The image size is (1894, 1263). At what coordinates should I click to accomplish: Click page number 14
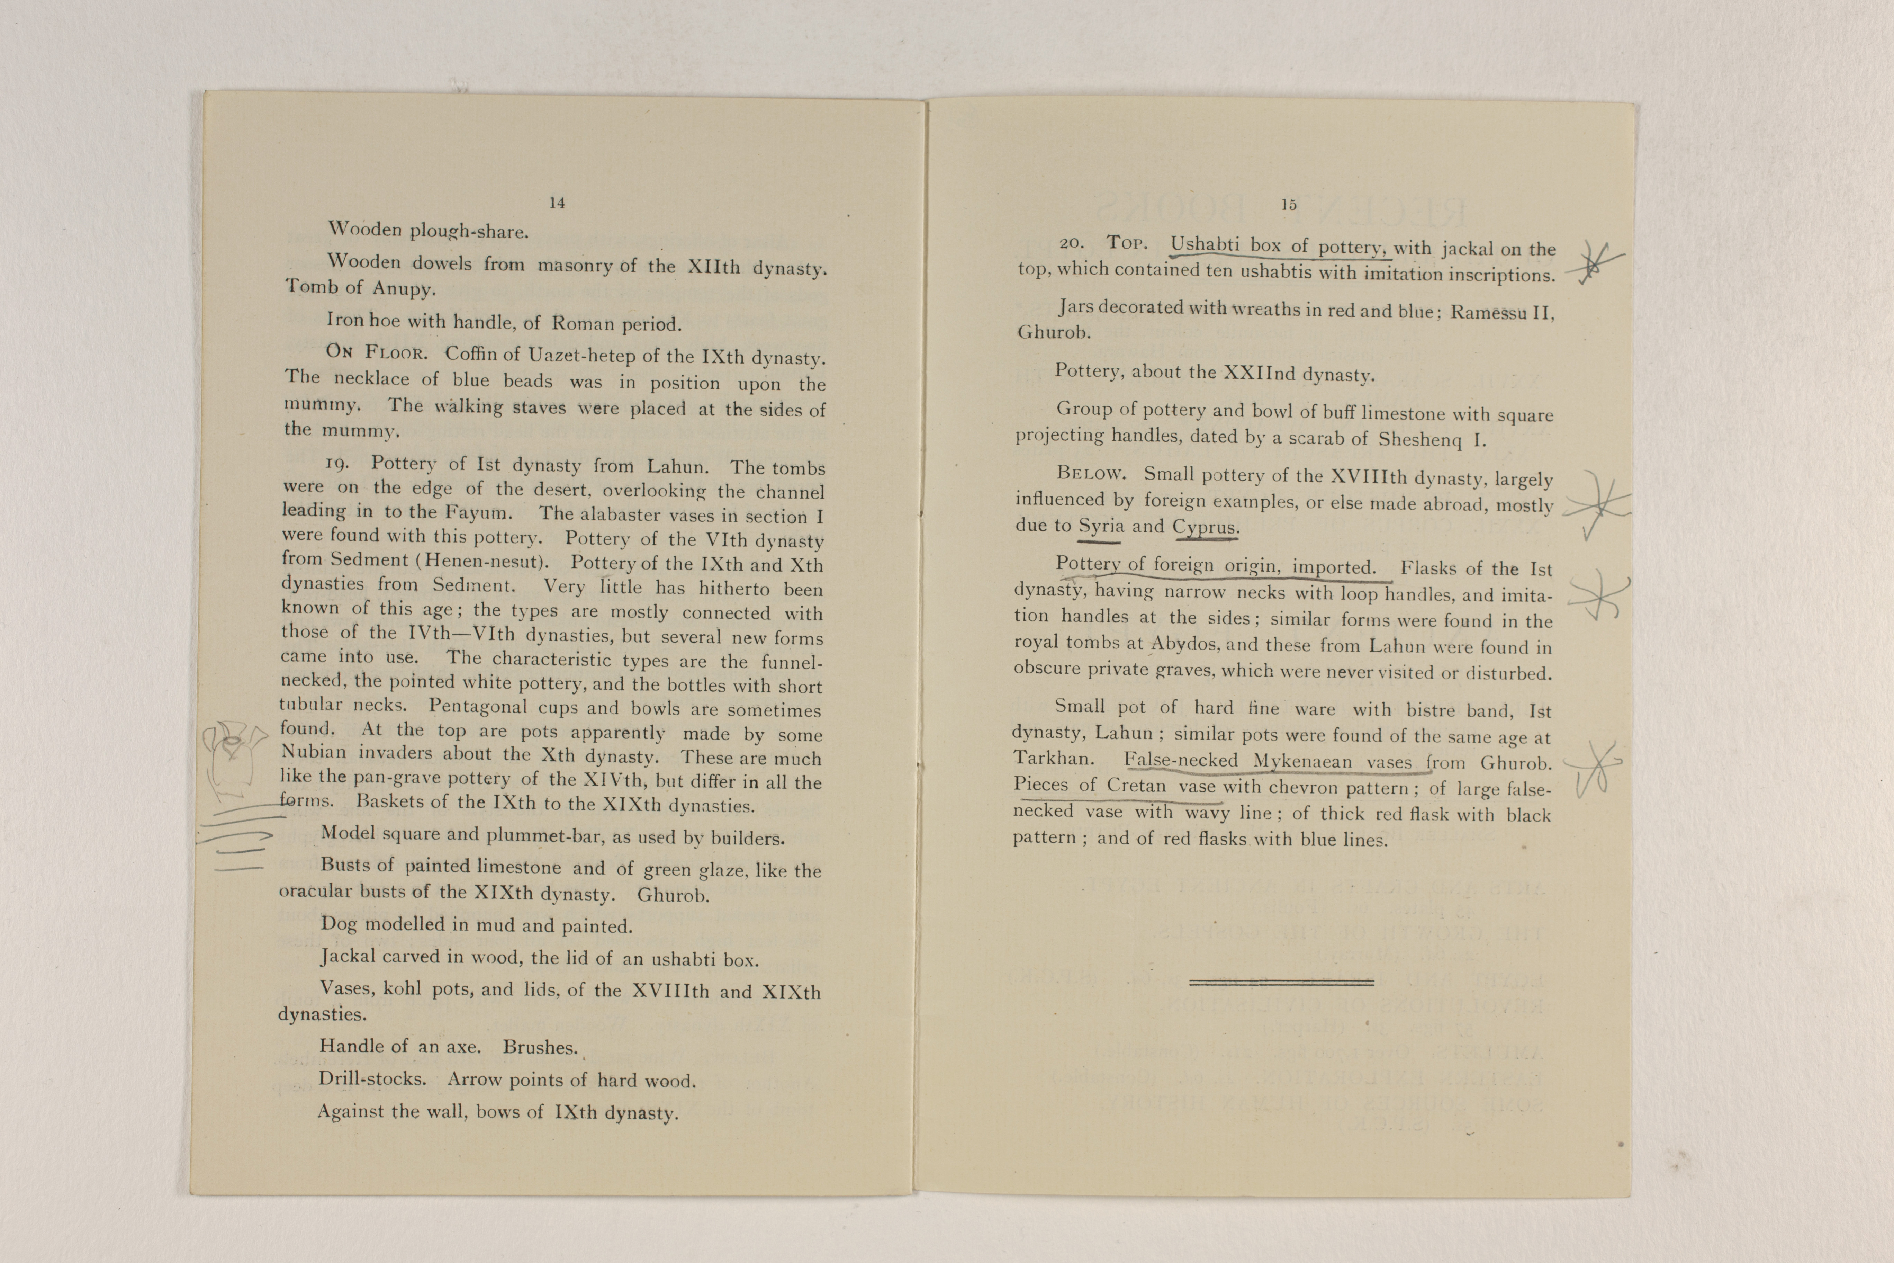pyautogui.click(x=557, y=203)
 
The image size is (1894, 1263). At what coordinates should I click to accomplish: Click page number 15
pyautogui.click(x=1288, y=205)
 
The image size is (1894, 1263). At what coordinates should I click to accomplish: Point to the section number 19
pyautogui.click(x=336, y=463)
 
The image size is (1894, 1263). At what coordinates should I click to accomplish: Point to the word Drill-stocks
pyautogui.click(x=372, y=1078)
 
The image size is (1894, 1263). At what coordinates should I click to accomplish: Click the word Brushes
pyautogui.click(x=540, y=1047)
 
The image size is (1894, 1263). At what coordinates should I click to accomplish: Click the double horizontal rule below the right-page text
pyautogui.click(x=1281, y=982)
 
